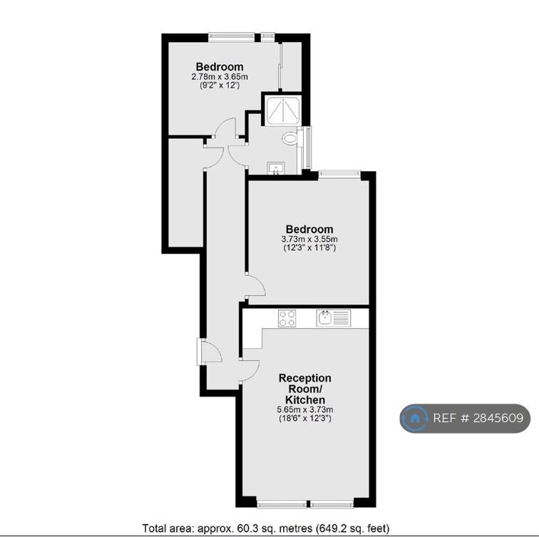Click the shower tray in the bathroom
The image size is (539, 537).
pos(283,110)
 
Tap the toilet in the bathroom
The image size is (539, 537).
pos(290,138)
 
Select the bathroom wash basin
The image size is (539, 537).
pos(276,168)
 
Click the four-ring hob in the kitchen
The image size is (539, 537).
pos(287,318)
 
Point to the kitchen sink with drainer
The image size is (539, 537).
pos(334,318)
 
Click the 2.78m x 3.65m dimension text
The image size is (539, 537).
pos(220,77)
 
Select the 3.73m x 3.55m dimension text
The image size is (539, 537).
pos(309,239)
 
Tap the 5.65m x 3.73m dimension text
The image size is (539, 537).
pos(305,409)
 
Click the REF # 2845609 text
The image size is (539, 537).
pos(478,418)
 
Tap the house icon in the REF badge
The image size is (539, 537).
pos(415,418)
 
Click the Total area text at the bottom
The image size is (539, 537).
pos(266,528)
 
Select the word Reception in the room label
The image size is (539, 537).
pos(305,379)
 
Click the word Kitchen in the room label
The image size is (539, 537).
pos(305,400)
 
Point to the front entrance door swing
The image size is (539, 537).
pos(210,352)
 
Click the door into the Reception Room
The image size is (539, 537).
pos(250,371)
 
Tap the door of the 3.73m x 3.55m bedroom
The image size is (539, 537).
pos(255,285)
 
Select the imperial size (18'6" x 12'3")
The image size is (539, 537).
pos(305,419)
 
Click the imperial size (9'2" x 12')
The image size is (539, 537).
pos(220,86)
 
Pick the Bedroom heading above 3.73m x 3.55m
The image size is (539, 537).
pos(309,230)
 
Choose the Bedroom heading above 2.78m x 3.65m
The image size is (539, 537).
pos(220,67)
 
